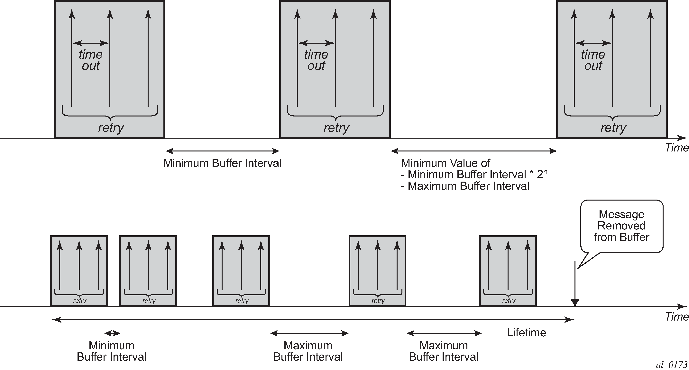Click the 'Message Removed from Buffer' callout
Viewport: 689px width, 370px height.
tap(622, 226)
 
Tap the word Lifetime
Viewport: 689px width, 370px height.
tap(526, 333)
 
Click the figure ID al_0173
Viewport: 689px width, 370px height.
tap(671, 365)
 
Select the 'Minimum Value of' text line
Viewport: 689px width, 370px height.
tap(446, 163)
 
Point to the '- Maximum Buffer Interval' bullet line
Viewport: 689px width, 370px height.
tap(465, 186)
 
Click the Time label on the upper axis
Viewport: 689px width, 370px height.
tap(677, 148)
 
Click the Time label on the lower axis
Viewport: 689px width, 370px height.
tap(677, 317)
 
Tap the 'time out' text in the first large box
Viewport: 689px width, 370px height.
tap(91, 60)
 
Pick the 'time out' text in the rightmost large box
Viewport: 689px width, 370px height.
tap(593, 60)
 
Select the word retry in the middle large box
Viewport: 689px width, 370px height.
tap(336, 128)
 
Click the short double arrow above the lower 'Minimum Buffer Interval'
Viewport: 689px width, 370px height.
tap(112, 333)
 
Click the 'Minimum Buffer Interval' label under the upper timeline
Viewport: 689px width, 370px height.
tap(222, 163)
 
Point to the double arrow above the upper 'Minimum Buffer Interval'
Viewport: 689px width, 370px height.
tap(223, 151)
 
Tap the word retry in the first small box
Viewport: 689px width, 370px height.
tap(79, 301)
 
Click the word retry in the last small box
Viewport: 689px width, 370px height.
tap(509, 301)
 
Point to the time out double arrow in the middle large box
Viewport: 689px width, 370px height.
tap(316, 43)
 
